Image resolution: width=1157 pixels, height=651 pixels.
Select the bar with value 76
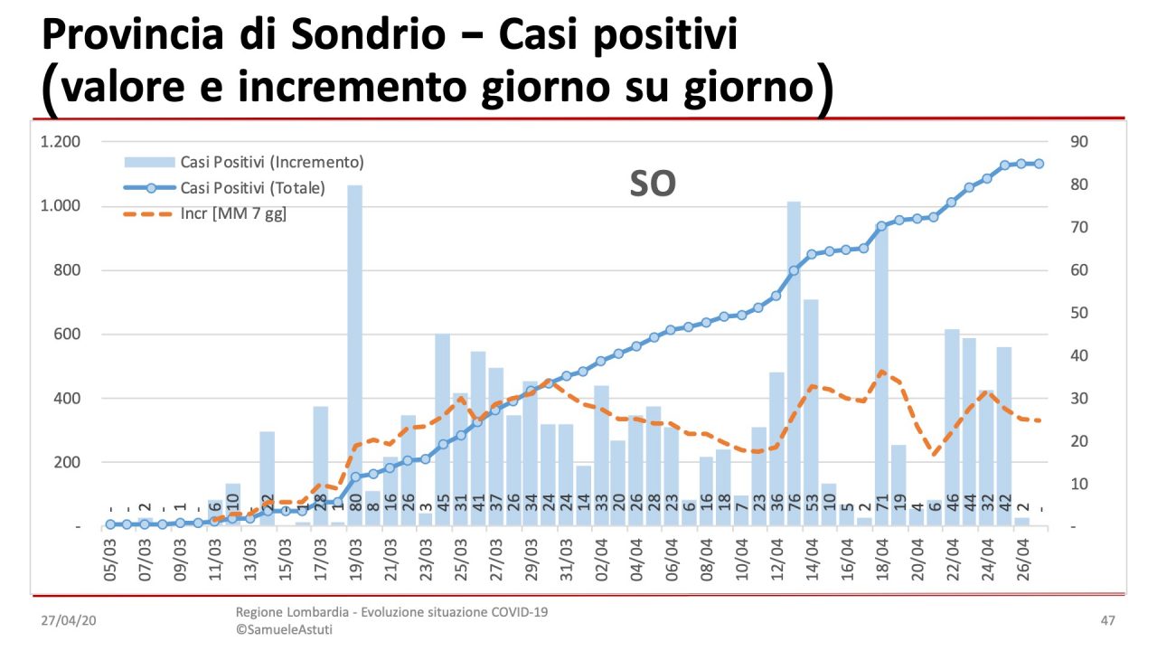coord(794,362)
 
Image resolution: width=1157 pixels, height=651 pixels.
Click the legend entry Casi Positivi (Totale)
coord(252,188)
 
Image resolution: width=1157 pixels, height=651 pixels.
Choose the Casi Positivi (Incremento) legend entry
coord(271,163)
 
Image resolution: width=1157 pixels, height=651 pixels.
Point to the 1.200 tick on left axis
coord(61,142)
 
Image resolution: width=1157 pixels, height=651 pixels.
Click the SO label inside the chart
coord(653,184)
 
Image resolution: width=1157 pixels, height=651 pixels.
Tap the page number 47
coord(1107,621)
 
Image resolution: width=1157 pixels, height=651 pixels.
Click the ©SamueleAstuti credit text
coord(284,629)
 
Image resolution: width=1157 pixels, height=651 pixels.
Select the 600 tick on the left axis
coord(67,335)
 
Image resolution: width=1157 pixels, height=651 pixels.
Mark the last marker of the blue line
coord(1039,164)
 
